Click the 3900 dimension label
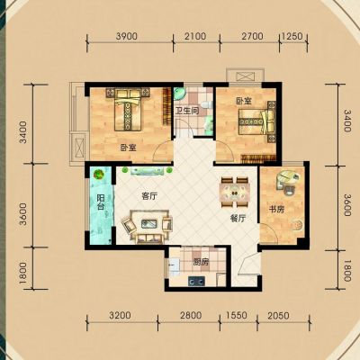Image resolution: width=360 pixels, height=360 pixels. pos(126,36)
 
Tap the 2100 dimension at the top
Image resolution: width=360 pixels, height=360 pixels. pos(195,36)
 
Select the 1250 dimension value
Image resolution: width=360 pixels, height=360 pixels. pos(292,36)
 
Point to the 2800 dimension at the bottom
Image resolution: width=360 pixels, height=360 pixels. pos(190,316)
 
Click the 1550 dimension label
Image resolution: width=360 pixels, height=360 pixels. pos(237,316)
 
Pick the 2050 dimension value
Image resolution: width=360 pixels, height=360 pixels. pos(278,316)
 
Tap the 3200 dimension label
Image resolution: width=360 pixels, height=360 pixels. pos(120,316)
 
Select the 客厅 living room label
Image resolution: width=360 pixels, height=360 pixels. pos(149,197)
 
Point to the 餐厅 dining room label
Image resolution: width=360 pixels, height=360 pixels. pos(238,219)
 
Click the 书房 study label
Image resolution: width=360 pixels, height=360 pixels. pos(276,210)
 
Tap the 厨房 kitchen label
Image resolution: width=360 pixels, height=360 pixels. pos(201,263)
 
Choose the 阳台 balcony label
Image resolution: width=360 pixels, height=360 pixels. pos(100,202)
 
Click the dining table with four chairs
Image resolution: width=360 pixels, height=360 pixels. pos(235,193)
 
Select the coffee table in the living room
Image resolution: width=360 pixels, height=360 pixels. pos(148,223)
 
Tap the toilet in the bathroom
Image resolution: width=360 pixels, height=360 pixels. pos(207,104)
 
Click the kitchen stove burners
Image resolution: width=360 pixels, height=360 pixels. pos(196,281)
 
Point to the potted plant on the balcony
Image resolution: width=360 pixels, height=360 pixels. pos(98,174)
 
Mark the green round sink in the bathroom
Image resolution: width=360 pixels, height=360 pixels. pos(179,93)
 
